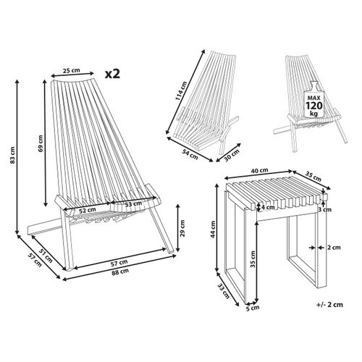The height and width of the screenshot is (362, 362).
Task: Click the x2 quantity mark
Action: pos(112,74)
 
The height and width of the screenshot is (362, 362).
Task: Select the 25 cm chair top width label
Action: pos(70,71)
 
